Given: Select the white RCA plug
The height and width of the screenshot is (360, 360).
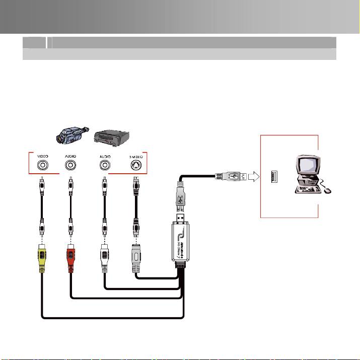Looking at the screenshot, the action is coord(104,257).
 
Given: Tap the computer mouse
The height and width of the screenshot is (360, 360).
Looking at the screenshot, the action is coord(328,191).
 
